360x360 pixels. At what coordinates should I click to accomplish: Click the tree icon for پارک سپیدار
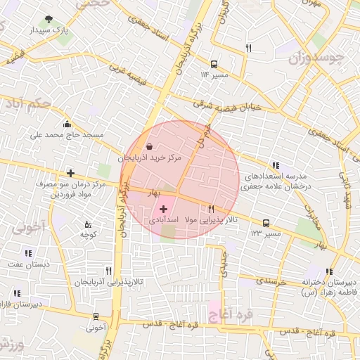(x=48, y=20)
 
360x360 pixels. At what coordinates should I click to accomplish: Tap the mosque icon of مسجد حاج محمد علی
(x=67, y=124)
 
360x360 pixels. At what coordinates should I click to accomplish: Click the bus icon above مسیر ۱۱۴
(x=214, y=63)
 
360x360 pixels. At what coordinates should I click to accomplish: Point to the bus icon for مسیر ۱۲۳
(x=265, y=223)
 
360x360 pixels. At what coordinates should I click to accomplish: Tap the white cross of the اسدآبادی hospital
(x=164, y=209)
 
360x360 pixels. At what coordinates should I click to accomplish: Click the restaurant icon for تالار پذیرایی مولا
(x=211, y=209)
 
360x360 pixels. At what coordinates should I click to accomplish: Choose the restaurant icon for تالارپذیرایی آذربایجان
(x=108, y=270)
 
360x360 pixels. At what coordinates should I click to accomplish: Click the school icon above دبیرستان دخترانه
(x=329, y=271)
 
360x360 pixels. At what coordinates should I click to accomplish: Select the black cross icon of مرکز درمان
(x=70, y=173)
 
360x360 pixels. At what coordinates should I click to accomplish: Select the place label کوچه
(x=88, y=233)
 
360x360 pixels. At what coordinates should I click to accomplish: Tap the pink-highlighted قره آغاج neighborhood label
(x=223, y=307)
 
